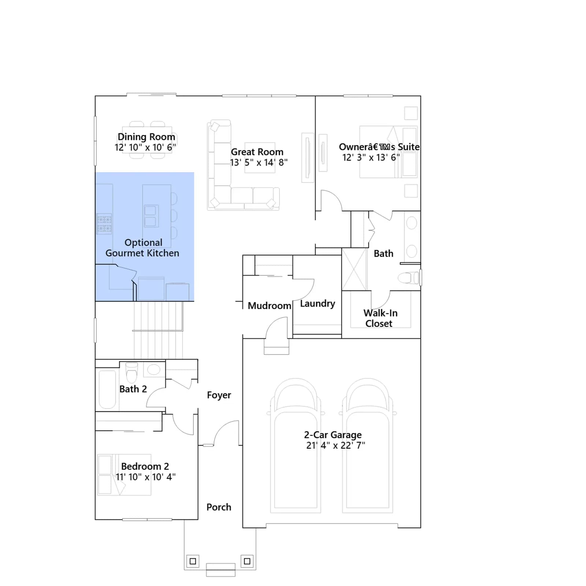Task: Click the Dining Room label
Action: tap(146, 137)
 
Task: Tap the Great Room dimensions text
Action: tap(259, 162)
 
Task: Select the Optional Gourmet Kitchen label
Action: tap(142, 248)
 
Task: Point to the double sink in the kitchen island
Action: tap(151, 216)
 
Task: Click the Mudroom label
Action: tap(269, 306)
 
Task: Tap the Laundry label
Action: tap(318, 304)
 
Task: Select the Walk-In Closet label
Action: tap(380, 318)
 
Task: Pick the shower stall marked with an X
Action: tap(354, 269)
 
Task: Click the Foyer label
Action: tap(219, 395)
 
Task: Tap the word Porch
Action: tap(219, 507)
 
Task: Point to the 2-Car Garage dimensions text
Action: tap(335, 445)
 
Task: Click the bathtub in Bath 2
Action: tap(107, 390)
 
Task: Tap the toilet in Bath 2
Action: tap(131, 372)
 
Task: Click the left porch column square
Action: tap(193, 561)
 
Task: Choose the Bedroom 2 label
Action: tap(145, 467)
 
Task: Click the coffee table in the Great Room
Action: tap(260, 157)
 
